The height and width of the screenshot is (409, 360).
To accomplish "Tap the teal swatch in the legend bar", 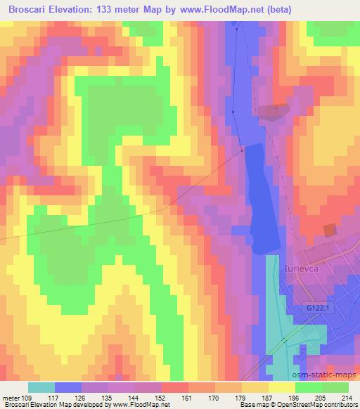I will [x=41, y=387].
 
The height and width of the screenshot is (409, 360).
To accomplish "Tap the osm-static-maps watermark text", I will [x=327, y=376].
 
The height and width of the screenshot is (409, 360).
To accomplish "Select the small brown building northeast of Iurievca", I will [x=330, y=230].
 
